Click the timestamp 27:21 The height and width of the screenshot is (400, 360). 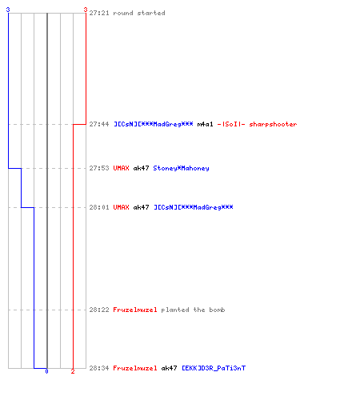pyautogui.click(x=99, y=13)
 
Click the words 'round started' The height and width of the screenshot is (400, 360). pyautogui.click(x=139, y=13)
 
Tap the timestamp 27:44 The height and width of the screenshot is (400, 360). pyautogui.click(x=99, y=124)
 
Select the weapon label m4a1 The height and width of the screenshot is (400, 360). pyautogui.click(x=205, y=124)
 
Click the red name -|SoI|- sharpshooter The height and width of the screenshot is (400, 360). pyautogui.click(x=257, y=124)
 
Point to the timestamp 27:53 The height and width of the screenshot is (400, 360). pyautogui.click(x=99, y=168)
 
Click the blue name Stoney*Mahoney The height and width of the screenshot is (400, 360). pyautogui.click(x=181, y=168)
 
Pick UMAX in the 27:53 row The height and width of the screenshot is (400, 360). pyautogui.click(x=121, y=168)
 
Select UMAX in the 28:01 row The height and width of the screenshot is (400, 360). pyautogui.click(x=121, y=207)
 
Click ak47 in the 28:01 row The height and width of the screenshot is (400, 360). pyautogui.click(x=141, y=207)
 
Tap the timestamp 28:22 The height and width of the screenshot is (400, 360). pyautogui.click(x=99, y=310)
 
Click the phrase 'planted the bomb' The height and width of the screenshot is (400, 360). pyautogui.click(x=193, y=310)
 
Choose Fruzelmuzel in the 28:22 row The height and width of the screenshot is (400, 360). pyautogui.click(x=135, y=310)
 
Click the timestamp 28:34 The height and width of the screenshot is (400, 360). pyautogui.click(x=99, y=368)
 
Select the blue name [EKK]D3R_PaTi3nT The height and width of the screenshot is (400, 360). pyautogui.click(x=214, y=368)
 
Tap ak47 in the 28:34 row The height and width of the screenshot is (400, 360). pyautogui.click(x=169, y=368)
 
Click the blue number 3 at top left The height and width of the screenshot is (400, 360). pyautogui.click(x=8, y=10)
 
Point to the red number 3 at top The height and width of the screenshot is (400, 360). pyautogui.click(x=86, y=10)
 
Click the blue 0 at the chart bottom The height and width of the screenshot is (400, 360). pyautogui.click(x=46, y=371)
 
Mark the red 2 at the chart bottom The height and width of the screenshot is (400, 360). pyautogui.click(x=73, y=371)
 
